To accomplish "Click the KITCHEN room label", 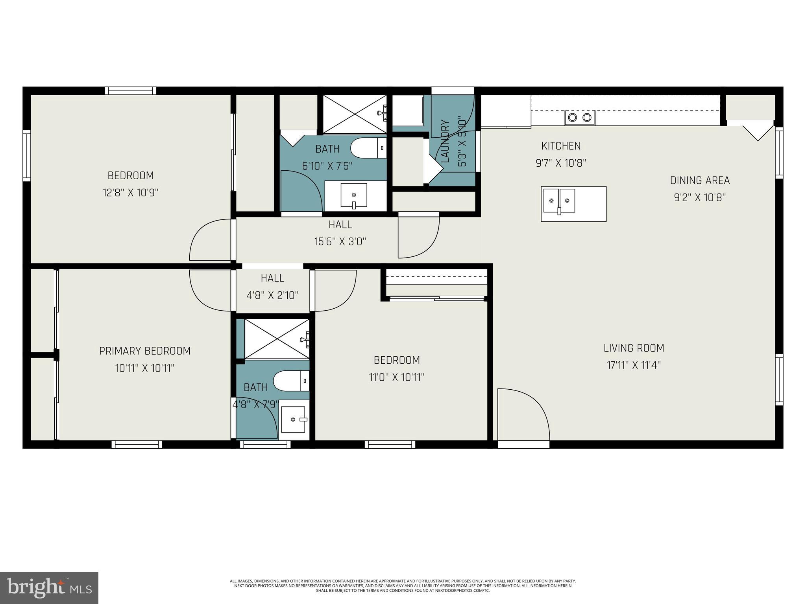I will pyautogui.click(x=561, y=146).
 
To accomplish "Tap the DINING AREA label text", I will pyautogui.click(x=700, y=180).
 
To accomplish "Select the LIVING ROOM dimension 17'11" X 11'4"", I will pyautogui.click(x=634, y=365).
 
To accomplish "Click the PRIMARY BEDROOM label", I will pyautogui.click(x=145, y=351).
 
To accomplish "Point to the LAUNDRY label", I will pyautogui.click(x=446, y=141).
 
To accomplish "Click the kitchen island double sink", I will pyautogui.click(x=559, y=201).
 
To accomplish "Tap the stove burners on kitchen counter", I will pyautogui.click(x=579, y=117).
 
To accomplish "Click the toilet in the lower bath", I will pyautogui.click(x=291, y=381).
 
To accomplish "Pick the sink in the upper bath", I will pyautogui.click(x=354, y=195).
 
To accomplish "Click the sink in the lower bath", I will pyautogui.click(x=293, y=420).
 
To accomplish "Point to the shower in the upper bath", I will pyautogui.click(x=355, y=114).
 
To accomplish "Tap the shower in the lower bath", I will pyautogui.click(x=277, y=339).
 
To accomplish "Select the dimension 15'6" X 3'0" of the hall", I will pyautogui.click(x=340, y=241).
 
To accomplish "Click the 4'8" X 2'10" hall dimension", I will pyautogui.click(x=272, y=295).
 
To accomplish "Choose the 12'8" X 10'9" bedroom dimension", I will pyautogui.click(x=131, y=193).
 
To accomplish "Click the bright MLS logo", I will pyautogui.click(x=49, y=588).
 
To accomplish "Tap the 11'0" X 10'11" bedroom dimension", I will pyautogui.click(x=397, y=377).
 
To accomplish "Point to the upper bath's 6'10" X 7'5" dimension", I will pyautogui.click(x=327, y=166).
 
